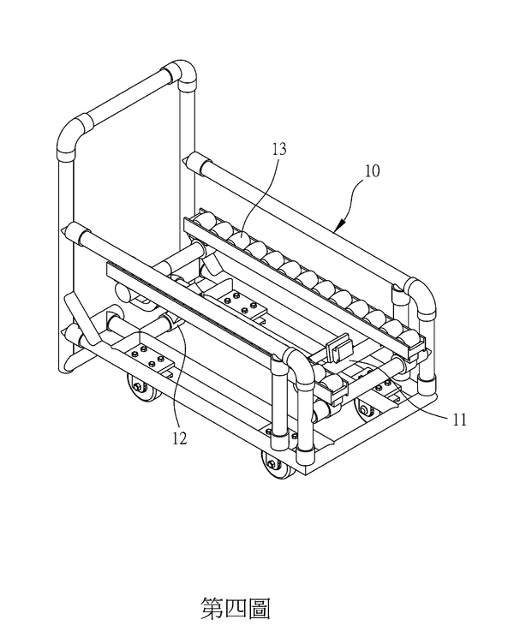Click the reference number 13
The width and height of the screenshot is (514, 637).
(279, 149)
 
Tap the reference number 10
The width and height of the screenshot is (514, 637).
(372, 170)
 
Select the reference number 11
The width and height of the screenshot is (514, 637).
(459, 420)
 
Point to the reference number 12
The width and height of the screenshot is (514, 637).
(180, 438)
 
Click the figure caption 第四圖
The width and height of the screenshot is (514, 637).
(236, 608)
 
